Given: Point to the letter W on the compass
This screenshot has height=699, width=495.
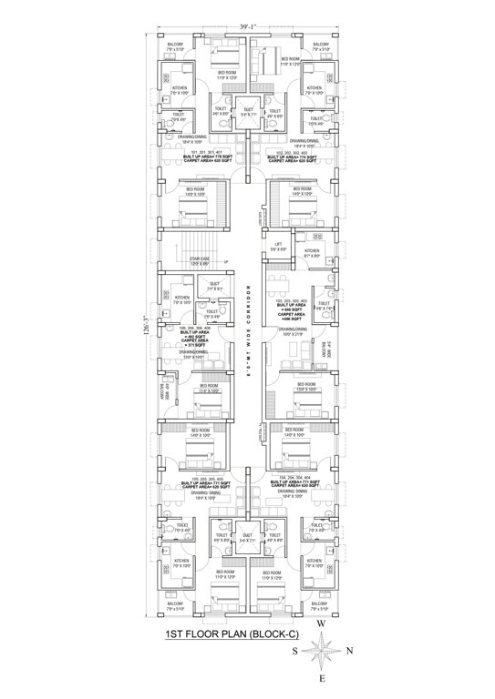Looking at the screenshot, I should click(x=322, y=624).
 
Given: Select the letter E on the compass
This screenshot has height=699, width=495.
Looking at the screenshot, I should click(x=322, y=678).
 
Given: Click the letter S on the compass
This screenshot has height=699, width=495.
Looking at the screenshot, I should click(x=293, y=652).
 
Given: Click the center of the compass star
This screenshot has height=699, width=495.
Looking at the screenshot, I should click(x=323, y=652).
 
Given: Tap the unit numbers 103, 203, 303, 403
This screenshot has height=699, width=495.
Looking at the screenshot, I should click(x=292, y=300).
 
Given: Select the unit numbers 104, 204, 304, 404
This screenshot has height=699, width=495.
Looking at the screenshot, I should click(x=293, y=477).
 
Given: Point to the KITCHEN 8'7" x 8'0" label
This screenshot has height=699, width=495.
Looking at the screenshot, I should click(x=312, y=254).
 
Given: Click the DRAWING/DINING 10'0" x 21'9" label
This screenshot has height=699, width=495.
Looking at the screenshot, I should click(x=291, y=333).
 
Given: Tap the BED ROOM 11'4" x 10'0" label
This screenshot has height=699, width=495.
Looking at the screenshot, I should click(x=209, y=388).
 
